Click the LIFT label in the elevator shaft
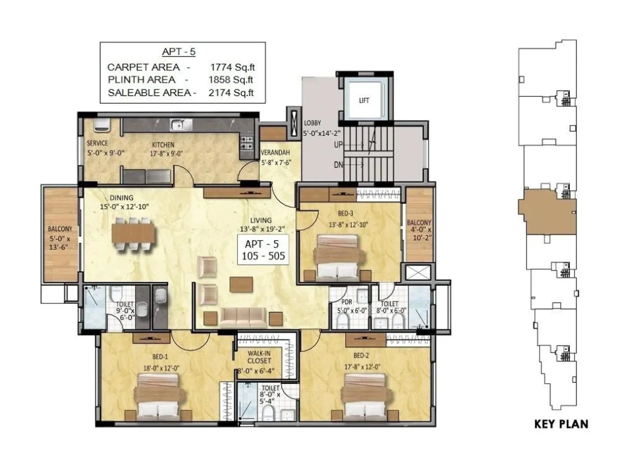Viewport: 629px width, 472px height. [364, 101]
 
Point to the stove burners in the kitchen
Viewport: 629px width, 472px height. [247, 143]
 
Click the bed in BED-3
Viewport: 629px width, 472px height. [338, 256]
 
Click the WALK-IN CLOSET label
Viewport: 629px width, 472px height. [259, 357]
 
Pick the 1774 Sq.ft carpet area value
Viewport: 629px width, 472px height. [232, 67]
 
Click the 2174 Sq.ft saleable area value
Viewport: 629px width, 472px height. [231, 93]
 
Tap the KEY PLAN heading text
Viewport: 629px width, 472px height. [561, 424]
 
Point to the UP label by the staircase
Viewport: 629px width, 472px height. [338, 145]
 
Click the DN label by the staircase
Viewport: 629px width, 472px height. [338, 165]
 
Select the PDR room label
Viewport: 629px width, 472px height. [347, 302]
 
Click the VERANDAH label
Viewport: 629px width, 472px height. [275, 153]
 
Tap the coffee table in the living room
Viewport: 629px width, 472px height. [241, 284]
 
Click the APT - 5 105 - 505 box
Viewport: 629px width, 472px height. [263, 250]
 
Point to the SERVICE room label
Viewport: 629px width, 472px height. [97, 143]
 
